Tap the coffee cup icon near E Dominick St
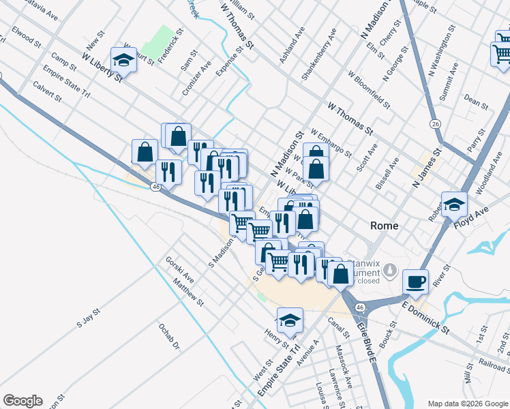(415, 282)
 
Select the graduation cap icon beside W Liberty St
(123, 60)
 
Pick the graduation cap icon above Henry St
(290, 320)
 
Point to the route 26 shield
(434, 123)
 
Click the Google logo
(22, 401)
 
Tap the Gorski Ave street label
(180, 270)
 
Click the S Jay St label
(89, 317)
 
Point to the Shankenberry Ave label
(319, 55)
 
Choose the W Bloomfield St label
(369, 90)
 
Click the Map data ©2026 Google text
(467, 403)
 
